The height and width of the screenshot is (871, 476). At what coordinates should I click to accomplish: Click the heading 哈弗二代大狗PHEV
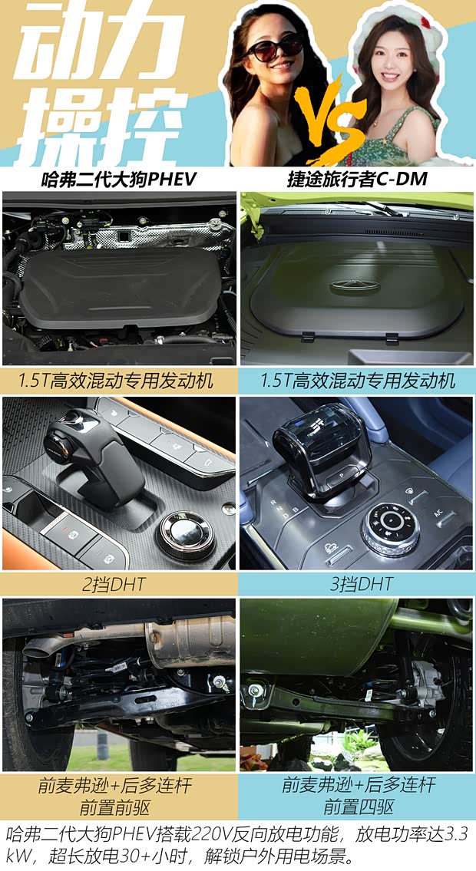[119, 180]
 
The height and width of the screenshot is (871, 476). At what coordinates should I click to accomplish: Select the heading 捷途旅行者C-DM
[356, 180]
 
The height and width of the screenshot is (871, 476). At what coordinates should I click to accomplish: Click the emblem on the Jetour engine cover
[355, 286]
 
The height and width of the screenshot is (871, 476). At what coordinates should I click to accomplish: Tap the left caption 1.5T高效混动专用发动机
[118, 380]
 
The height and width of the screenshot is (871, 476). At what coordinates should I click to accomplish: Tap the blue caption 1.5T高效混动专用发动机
[357, 380]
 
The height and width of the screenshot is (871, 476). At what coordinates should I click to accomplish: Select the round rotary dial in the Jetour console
[392, 528]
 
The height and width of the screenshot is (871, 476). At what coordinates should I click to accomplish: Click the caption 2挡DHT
[119, 584]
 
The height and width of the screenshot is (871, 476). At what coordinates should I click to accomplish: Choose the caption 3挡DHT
[357, 584]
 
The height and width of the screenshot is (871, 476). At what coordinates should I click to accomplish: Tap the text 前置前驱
[119, 807]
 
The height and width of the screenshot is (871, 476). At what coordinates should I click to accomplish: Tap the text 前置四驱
[357, 807]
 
